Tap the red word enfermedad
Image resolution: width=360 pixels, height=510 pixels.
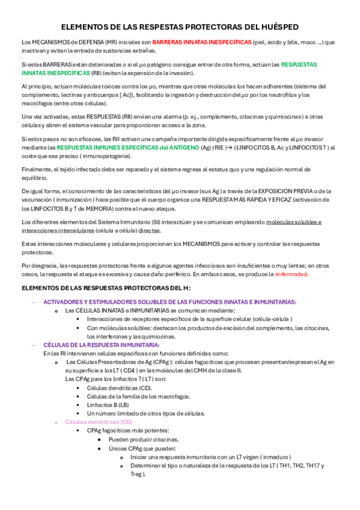pyautogui.click(x=291, y=274)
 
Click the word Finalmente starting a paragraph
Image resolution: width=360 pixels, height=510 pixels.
pyautogui.click(x=37, y=170)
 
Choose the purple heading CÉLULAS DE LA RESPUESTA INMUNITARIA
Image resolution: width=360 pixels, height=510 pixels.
pyautogui.click(x=102, y=345)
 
